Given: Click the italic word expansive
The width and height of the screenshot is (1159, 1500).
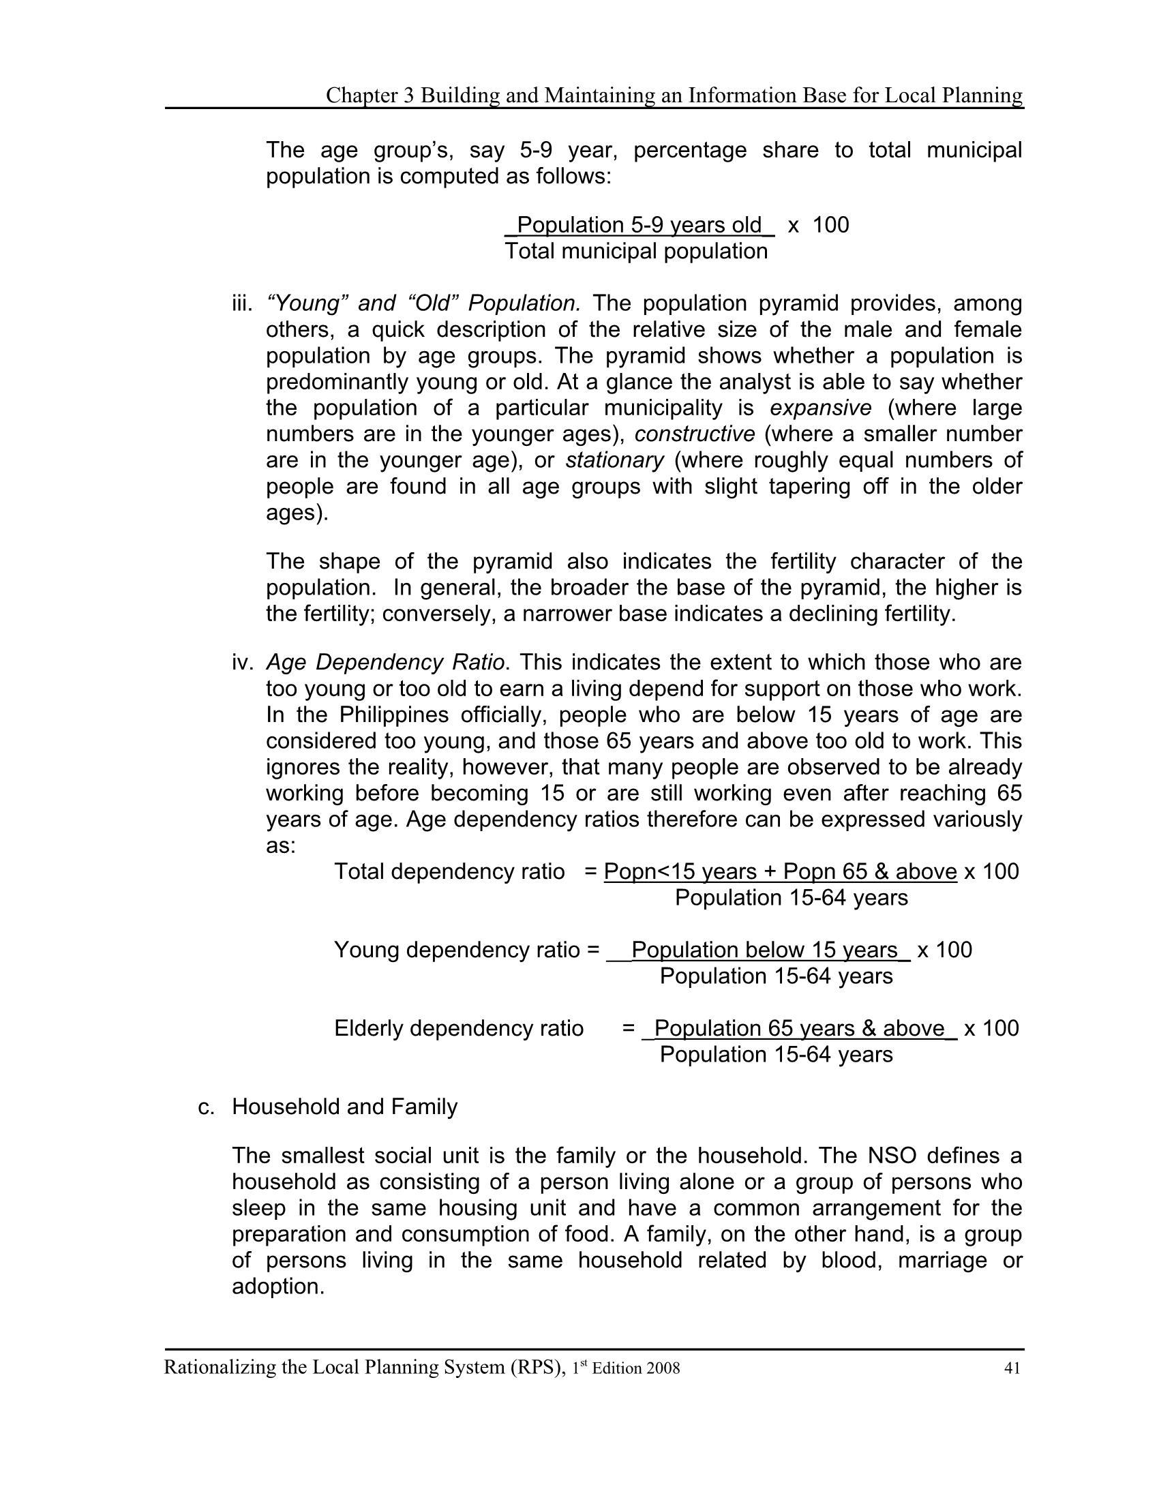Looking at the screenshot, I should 820,408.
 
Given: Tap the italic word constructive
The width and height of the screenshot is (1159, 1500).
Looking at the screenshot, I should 695,434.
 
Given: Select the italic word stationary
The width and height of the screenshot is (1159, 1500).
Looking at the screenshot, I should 614,460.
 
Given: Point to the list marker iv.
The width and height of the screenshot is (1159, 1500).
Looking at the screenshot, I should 243,663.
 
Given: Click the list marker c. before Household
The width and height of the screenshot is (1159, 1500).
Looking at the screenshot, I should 207,1107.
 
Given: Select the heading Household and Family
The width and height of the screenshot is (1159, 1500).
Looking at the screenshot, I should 345,1107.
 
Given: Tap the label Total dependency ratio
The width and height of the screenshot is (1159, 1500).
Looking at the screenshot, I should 449,871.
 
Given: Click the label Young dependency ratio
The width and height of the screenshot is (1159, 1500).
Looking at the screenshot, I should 457,950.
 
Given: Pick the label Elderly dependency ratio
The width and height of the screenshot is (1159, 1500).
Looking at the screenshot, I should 459,1028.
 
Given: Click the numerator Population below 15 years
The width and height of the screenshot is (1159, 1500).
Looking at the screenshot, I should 764,950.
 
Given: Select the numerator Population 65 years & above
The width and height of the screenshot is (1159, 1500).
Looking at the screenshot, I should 799,1028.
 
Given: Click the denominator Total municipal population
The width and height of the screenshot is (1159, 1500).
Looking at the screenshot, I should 636,252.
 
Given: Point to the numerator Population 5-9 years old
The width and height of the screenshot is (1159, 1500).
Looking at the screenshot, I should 639,225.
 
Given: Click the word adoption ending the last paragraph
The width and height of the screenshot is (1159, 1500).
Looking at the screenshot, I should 277,1287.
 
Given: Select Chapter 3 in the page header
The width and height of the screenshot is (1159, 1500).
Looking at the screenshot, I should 370,95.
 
